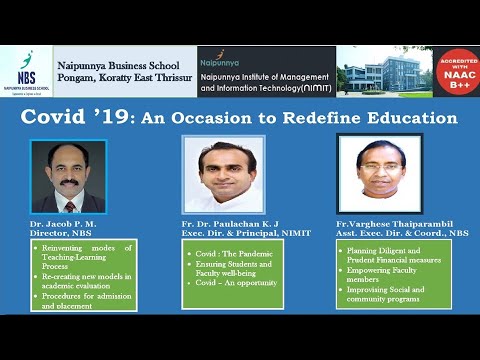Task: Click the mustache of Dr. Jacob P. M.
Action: click(69, 182)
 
